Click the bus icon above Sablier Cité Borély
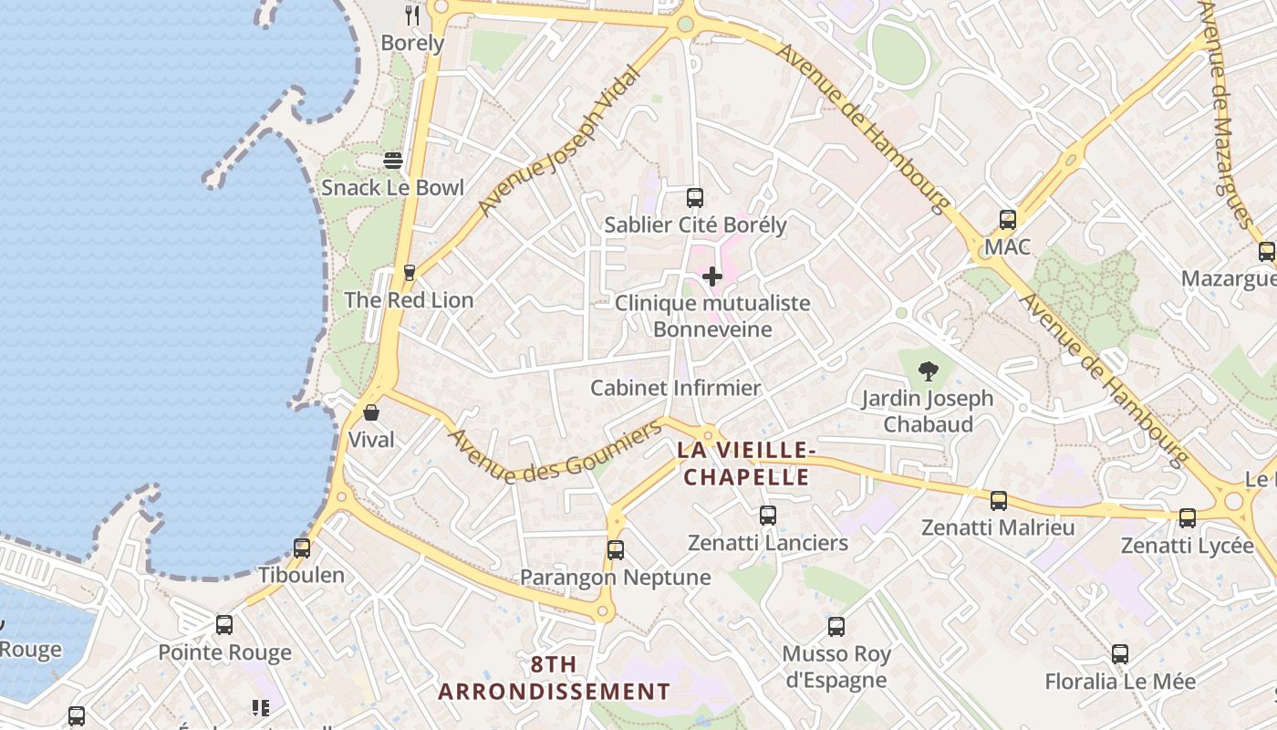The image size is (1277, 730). tap(694, 197)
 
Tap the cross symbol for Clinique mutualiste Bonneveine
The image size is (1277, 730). tap(712, 276)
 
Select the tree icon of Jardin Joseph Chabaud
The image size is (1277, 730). tap(928, 371)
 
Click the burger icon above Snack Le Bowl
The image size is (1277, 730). tap(393, 161)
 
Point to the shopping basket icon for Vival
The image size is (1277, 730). tap(371, 412)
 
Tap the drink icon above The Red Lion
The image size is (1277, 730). tap(409, 272)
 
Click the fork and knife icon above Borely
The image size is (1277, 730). tap(412, 16)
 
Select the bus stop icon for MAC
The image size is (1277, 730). tap(1007, 220)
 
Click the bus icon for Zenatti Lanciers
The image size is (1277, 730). tap(767, 516)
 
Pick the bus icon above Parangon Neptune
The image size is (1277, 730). tap(615, 550)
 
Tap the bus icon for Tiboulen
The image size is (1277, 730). tap(302, 548)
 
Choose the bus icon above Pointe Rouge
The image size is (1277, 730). tap(224, 625)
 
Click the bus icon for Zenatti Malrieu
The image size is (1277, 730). tap(999, 501)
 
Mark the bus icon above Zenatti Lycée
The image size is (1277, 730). tap(1187, 518)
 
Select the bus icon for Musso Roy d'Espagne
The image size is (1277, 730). tap(836, 627)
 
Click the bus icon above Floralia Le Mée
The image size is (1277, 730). tap(1119, 654)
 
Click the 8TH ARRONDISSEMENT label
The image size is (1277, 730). tap(554, 678)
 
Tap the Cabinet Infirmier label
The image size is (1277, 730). tap(675, 388)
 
